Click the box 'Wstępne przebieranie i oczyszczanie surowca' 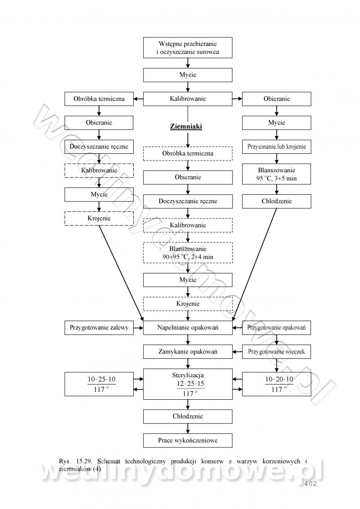188,48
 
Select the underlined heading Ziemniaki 186,127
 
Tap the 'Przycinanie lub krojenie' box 276,147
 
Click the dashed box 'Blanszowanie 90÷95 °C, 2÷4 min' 188,252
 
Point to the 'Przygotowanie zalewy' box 99,328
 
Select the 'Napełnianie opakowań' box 188,328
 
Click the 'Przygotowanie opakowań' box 276,328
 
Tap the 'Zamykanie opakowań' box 188,352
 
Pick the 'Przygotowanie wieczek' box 276,352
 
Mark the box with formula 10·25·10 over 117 99,384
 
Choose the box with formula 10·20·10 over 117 276,384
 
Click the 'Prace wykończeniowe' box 188,440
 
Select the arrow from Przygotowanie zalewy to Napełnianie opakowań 139,328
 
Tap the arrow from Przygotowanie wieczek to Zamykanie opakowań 238,352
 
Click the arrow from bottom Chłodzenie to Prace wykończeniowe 188,428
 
